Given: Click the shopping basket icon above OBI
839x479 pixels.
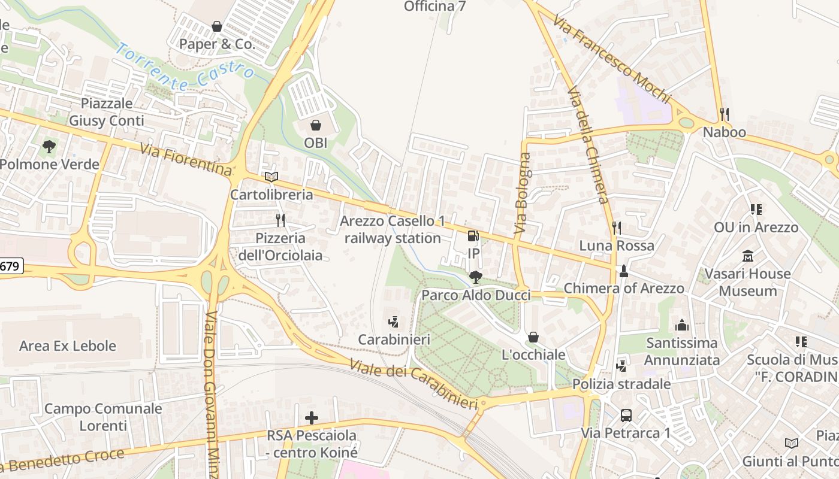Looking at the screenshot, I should (x=315, y=125).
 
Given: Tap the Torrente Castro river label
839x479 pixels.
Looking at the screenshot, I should (x=185, y=67).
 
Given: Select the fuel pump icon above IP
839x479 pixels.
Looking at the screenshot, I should (x=473, y=236).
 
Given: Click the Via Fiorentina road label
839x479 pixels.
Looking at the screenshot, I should (x=186, y=159).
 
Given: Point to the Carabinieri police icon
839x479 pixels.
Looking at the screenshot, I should (x=394, y=322).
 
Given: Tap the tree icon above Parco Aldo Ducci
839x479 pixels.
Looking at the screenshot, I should (x=476, y=277).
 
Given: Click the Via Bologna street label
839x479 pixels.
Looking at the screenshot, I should (x=523, y=193).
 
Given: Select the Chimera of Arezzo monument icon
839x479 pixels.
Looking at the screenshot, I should (x=623, y=271).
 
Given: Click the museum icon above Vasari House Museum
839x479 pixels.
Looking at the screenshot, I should (x=748, y=256).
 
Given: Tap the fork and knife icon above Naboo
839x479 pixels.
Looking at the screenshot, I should (x=725, y=114).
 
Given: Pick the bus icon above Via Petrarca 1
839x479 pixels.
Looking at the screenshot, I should (x=626, y=415).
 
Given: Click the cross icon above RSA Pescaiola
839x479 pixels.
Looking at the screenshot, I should (x=312, y=417).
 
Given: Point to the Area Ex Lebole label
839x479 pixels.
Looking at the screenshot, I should (x=68, y=345).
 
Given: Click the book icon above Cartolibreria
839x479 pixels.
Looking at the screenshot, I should (x=271, y=177).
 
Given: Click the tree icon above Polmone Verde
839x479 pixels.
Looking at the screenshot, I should (x=49, y=146).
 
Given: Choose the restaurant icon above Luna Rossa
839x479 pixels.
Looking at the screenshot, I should (x=616, y=228).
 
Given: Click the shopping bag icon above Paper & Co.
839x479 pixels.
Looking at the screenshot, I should (x=217, y=26).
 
